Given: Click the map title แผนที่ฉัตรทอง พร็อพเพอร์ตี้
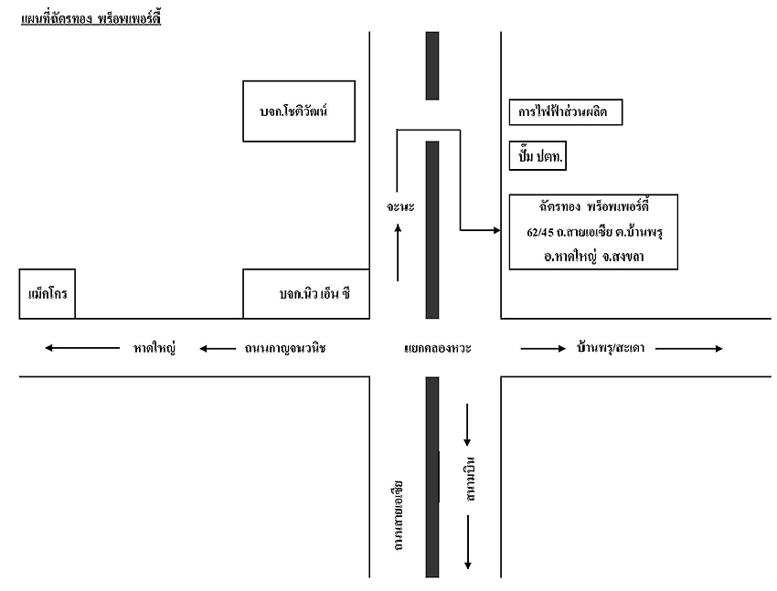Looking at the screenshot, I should [x=90, y=18].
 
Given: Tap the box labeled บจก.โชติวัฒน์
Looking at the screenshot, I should [x=299, y=111].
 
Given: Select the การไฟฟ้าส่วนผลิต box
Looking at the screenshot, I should [x=565, y=112].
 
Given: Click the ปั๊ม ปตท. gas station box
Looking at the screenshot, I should [x=538, y=156].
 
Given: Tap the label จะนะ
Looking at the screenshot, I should [x=400, y=207].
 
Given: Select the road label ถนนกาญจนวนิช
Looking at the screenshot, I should [x=285, y=348].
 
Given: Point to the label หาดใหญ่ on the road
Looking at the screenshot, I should [x=154, y=348].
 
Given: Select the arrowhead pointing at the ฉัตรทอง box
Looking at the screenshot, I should [x=495, y=228].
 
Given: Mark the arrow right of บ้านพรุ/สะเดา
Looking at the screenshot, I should [x=689, y=348].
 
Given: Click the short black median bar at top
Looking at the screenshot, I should [x=432, y=66].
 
